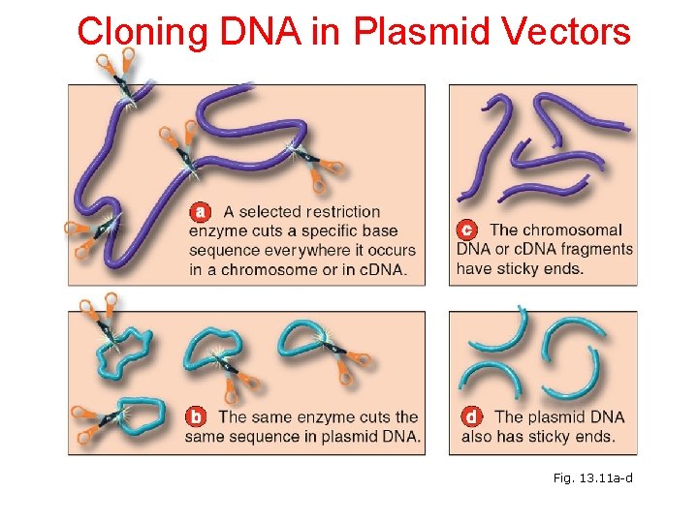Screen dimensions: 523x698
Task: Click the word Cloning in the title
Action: (141, 32)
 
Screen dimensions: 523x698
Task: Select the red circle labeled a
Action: (200, 210)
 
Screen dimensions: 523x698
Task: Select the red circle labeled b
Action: (196, 417)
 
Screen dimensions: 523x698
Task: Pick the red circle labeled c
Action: (467, 230)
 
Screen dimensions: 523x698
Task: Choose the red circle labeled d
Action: (471, 417)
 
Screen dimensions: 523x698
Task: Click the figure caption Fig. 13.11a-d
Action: (592, 478)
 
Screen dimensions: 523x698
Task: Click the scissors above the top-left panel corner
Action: (115, 70)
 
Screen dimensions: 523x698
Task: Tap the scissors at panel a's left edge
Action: (86, 233)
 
